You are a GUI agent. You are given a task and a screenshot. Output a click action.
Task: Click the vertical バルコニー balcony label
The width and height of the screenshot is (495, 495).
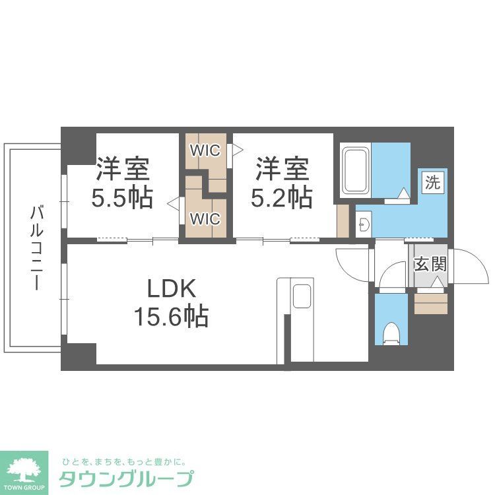[36, 248]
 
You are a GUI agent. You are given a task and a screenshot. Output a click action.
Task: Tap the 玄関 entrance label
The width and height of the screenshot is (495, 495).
[430, 265]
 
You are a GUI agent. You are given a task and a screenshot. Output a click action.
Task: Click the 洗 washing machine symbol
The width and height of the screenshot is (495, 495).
[432, 182]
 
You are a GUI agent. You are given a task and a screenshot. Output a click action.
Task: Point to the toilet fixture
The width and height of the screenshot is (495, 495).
[391, 333]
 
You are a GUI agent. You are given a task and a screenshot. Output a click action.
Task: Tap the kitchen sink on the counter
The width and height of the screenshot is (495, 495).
[302, 296]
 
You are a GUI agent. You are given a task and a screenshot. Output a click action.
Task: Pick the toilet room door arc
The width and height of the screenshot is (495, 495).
[394, 274]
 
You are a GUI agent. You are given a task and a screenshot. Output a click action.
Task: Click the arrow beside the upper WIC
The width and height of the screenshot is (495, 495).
[232, 150]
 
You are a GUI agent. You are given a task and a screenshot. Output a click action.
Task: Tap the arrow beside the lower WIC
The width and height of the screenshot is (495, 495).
[173, 204]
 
